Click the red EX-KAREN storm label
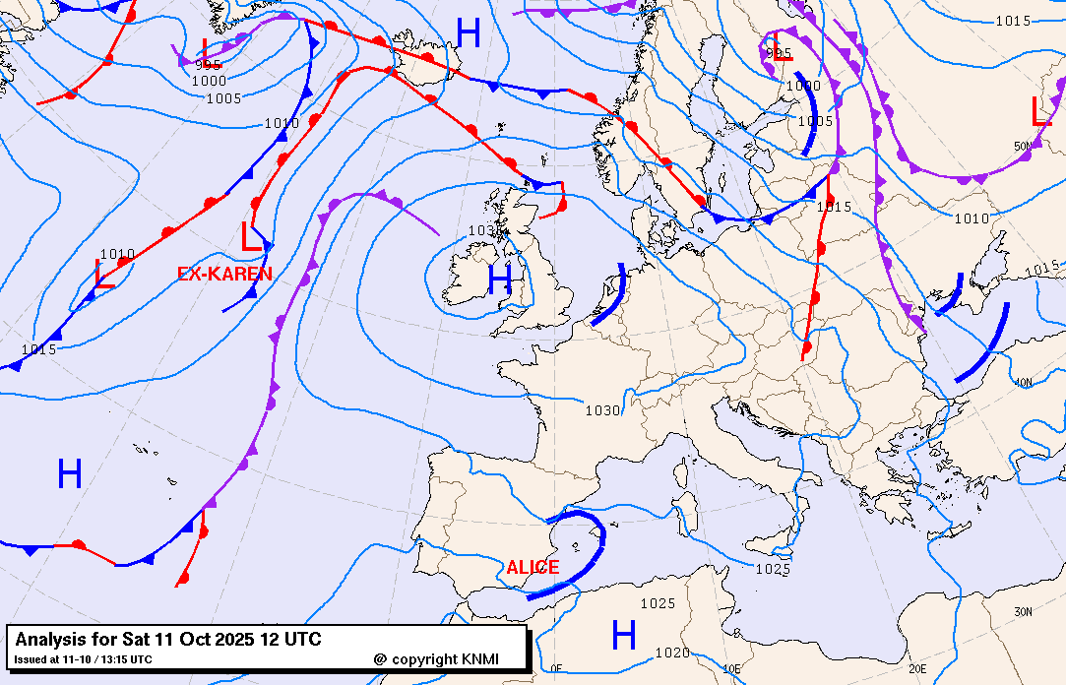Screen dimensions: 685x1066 [x=224, y=275]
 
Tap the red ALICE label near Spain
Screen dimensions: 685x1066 [x=533, y=568]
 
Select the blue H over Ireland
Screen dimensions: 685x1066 [x=500, y=281]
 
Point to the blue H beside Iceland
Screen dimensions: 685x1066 [x=469, y=34]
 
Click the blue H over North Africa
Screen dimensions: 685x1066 [x=624, y=635]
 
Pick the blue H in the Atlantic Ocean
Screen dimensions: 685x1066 [x=69, y=474]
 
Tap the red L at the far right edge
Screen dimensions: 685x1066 [x=1040, y=111]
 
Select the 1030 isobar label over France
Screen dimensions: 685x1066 [x=602, y=410]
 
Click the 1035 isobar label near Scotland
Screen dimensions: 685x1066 [x=482, y=230]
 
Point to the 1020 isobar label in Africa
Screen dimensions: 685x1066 [x=671, y=653]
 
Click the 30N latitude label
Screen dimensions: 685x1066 [x=1024, y=611]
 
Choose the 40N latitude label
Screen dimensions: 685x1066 [x=1024, y=382]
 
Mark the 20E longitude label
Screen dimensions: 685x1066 [x=916, y=668]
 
